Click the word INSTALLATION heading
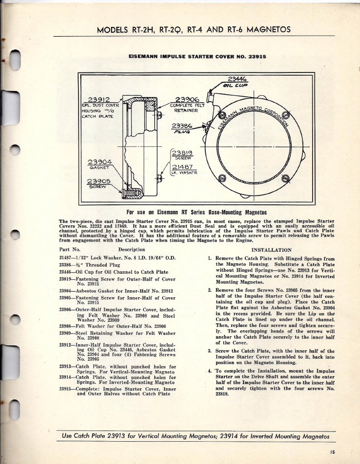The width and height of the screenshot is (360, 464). [275, 249]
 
